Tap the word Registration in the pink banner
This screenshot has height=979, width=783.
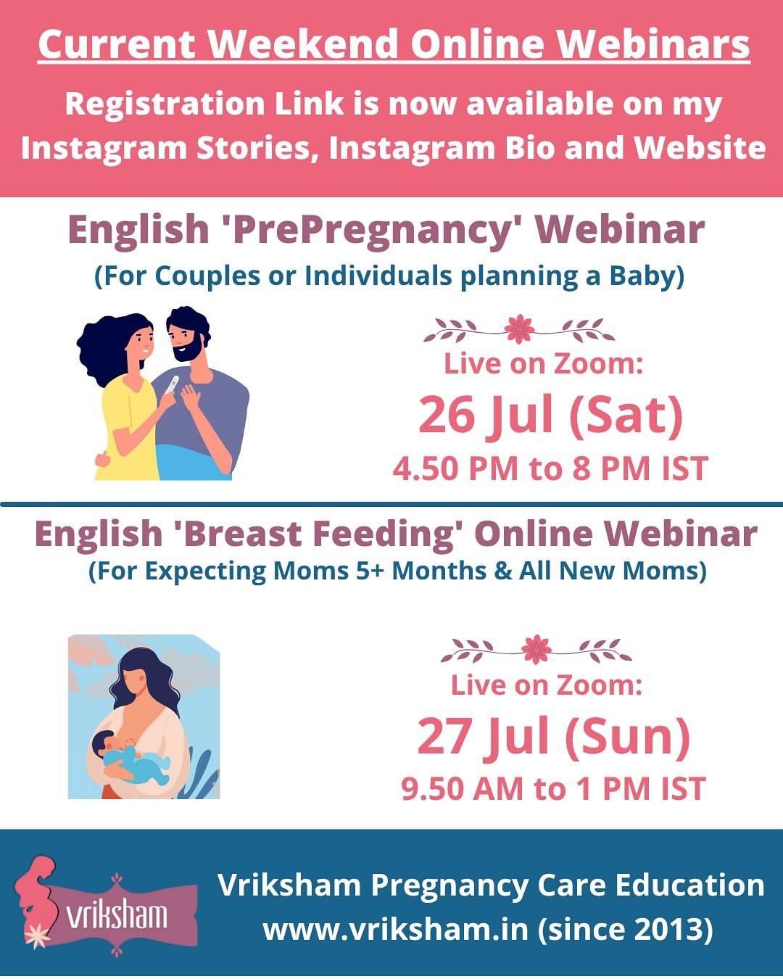[165, 104]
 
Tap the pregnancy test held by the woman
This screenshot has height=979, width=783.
[173, 384]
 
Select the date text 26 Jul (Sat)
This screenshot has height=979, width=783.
[550, 416]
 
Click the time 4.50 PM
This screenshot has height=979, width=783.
[455, 468]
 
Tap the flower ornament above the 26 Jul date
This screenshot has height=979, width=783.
[519, 329]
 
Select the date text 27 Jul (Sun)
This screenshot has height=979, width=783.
[553, 738]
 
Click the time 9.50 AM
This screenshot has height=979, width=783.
[462, 789]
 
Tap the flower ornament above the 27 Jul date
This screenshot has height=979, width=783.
[536, 649]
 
